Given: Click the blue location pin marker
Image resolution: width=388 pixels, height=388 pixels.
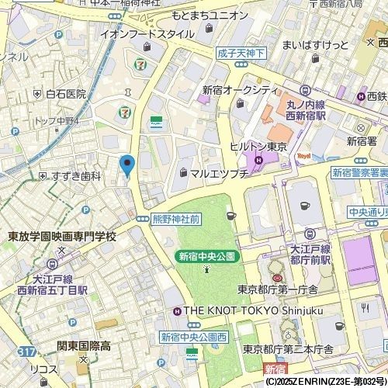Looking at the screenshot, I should coord(128,165).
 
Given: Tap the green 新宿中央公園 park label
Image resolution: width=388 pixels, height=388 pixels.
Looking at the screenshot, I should coord(206,255).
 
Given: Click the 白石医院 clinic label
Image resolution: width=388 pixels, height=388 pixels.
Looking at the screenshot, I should coord(65,94).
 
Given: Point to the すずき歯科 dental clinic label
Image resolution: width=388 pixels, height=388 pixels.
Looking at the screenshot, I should coord(75,176).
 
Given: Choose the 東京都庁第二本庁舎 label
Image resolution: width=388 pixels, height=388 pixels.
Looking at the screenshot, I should coord(295,348).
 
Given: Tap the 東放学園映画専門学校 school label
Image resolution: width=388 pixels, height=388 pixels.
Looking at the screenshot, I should coord(61,236).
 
